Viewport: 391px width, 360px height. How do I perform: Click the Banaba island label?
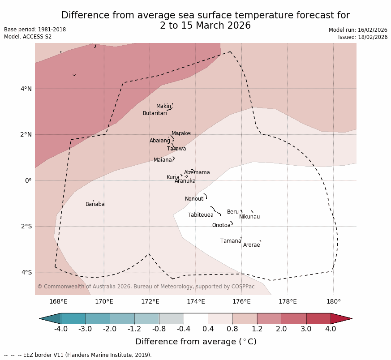95,204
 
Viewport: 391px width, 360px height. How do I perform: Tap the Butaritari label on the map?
155,113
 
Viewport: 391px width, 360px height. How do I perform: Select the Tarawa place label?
176,149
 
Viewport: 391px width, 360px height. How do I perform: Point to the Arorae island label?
251,245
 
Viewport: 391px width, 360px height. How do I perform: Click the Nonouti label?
194,199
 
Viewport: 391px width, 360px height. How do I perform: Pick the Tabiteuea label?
200,215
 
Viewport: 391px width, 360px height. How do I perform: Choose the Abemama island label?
197,172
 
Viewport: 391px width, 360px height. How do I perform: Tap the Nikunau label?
249,217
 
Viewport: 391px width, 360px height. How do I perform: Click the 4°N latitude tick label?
26,89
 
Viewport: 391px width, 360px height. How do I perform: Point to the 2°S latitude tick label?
26,226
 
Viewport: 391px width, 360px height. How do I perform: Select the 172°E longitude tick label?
150,302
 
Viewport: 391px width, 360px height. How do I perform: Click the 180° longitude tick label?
333,302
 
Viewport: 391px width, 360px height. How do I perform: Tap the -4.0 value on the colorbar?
61,329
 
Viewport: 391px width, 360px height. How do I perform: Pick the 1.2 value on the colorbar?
257,329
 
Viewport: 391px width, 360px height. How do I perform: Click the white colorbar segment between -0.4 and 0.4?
196,318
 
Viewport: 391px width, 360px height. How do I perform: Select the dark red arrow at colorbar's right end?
341,318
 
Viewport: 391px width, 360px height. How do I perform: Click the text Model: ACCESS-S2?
28,37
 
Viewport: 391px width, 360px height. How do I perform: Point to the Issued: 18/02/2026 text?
362,37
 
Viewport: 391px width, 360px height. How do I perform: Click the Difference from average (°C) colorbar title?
196,342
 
